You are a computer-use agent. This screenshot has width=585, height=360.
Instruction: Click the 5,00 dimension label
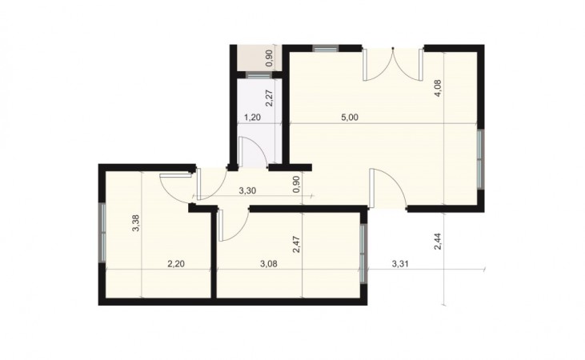click(x=350, y=118)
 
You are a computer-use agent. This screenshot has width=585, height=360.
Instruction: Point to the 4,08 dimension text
click(x=438, y=89)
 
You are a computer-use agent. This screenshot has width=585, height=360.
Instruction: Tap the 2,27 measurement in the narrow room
click(x=270, y=98)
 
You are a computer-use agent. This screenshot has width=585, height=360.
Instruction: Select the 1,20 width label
click(x=252, y=118)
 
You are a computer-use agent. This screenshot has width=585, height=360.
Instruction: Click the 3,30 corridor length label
click(x=247, y=190)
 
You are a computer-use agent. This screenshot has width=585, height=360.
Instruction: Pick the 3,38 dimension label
click(x=136, y=223)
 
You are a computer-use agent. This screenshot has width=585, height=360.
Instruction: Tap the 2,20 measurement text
click(x=176, y=264)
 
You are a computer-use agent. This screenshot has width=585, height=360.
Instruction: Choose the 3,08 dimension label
click(x=269, y=264)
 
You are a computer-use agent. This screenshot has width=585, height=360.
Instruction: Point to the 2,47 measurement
click(x=297, y=244)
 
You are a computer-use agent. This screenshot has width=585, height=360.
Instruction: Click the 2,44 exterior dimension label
click(x=438, y=242)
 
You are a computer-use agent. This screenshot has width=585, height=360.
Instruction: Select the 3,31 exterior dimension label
click(x=400, y=264)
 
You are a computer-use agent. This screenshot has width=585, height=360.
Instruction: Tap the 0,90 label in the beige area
click(x=270, y=59)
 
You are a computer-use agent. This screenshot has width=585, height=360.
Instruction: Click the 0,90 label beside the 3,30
click(x=297, y=184)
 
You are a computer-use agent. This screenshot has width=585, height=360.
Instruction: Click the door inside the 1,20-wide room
click(x=252, y=152)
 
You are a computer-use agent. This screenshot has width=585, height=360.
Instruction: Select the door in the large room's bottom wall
click(x=388, y=188)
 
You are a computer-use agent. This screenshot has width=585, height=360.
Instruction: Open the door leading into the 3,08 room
click(x=233, y=225)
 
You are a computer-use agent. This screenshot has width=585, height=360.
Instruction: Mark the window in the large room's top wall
click(x=326, y=48)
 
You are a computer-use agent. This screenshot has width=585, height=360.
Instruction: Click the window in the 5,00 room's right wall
click(x=481, y=159)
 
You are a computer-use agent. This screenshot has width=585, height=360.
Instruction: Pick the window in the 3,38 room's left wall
click(x=102, y=233)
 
